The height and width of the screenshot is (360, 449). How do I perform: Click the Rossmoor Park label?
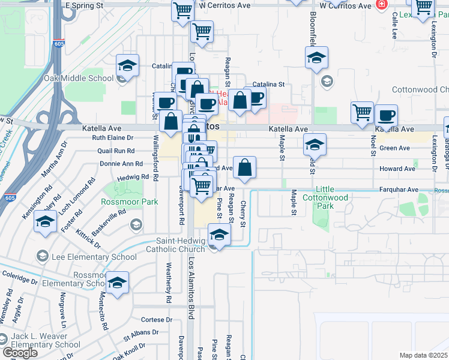[130, 202]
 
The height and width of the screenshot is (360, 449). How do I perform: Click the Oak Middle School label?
[78, 78]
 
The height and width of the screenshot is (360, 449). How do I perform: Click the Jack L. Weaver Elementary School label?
[46, 340]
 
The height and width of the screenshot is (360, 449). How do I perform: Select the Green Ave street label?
[394, 148]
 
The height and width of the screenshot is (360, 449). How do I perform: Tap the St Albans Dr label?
[141, 332]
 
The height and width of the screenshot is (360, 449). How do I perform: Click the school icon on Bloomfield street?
[316, 58]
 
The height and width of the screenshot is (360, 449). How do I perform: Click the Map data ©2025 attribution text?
[424, 355]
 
